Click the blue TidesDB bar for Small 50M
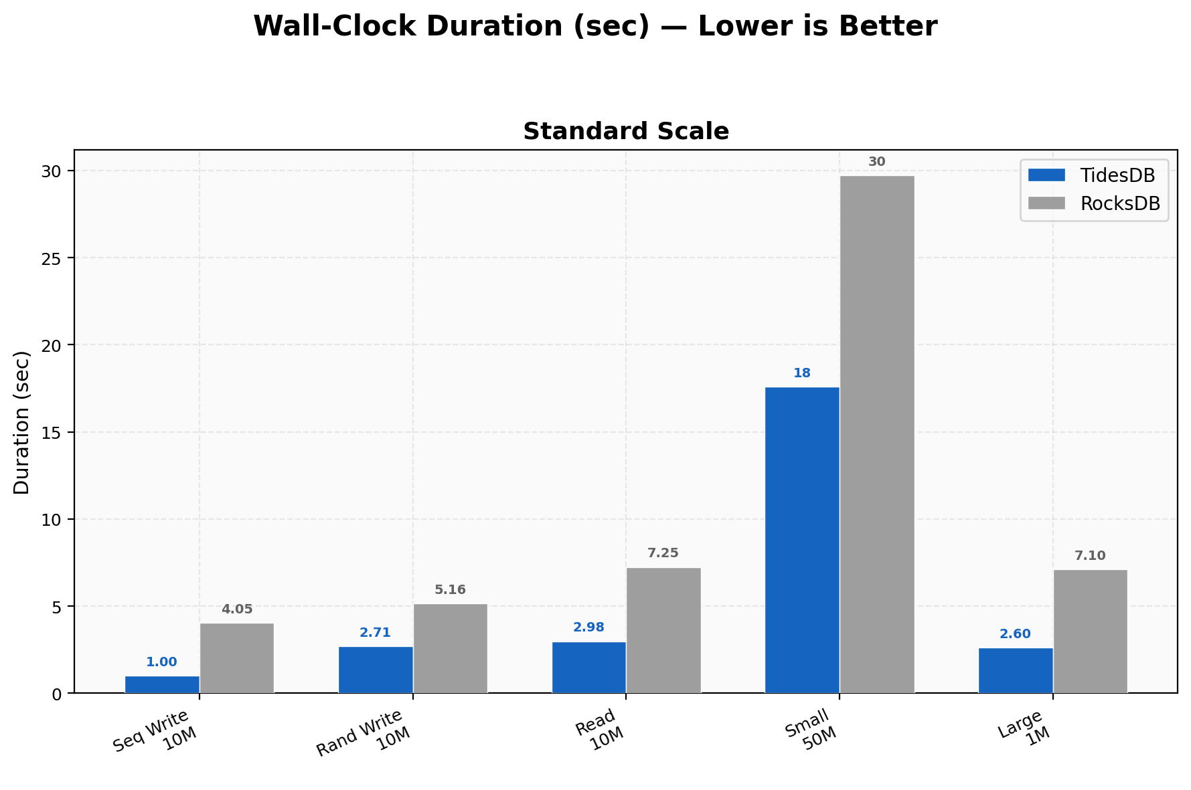pyautogui.click(x=801, y=540)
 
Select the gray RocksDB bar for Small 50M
pyautogui.click(x=876, y=434)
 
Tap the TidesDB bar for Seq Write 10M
pyautogui.click(x=162, y=684)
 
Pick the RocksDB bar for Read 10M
pyautogui.click(x=663, y=630)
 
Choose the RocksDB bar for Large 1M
pyautogui.click(x=1090, y=631)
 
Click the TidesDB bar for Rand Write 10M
pyautogui.click(x=375, y=670)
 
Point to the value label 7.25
pyautogui.click(x=663, y=553)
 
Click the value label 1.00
pyautogui.click(x=162, y=662)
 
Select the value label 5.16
pyautogui.click(x=450, y=590)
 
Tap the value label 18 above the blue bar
pyautogui.click(x=801, y=373)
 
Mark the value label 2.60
pyautogui.click(x=1015, y=634)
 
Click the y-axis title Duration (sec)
pyautogui.click(x=22, y=422)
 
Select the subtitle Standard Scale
pyautogui.click(x=625, y=132)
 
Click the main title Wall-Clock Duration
pyautogui.click(x=595, y=27)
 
